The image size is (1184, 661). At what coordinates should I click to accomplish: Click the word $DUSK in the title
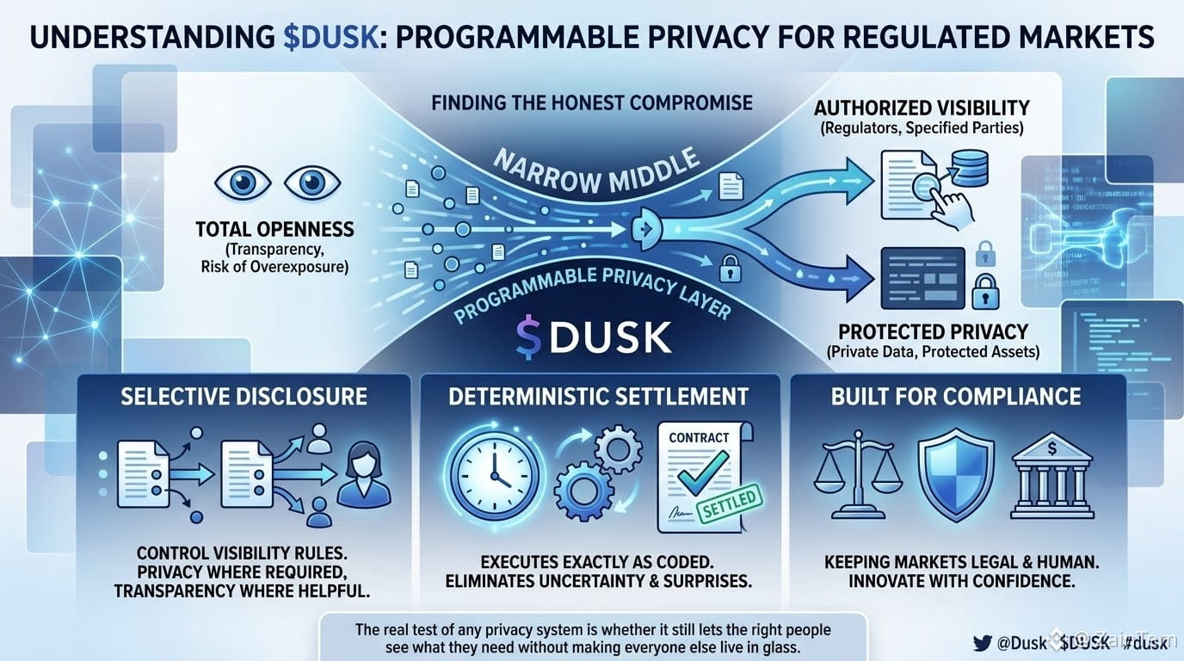click(331, 38)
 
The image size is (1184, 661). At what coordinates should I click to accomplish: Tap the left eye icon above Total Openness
click(243, 183)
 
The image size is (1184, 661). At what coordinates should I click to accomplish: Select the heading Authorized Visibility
click(922, 108)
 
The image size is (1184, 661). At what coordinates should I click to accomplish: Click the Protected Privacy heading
click(933, 331)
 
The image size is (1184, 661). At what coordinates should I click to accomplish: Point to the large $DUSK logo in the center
click(594, 337)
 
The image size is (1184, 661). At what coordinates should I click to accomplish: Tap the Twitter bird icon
click(982, 642)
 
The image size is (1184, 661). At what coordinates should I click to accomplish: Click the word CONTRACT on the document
click(699, 437)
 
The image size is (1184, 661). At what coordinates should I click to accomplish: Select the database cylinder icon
click(970, 168)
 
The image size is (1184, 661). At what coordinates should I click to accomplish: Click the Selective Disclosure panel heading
click(244, 397)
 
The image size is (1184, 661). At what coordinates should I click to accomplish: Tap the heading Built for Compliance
click(956, 397)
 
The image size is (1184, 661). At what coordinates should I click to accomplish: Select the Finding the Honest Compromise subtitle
click(592, 102)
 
